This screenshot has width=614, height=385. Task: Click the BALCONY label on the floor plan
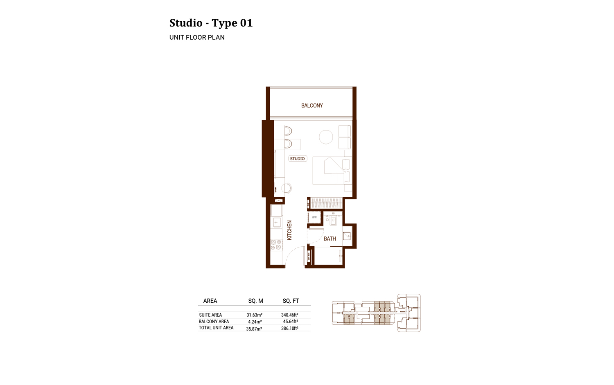coord(312,106)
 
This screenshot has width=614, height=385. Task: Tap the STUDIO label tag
coord(298,159)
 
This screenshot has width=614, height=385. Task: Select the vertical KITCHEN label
coord(289,230)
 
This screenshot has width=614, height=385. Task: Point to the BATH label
coord(330,239)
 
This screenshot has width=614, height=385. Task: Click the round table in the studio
coord(326,137)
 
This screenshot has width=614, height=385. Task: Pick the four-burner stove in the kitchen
coord(276,245)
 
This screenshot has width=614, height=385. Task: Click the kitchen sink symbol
coord(276,223)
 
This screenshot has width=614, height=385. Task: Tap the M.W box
coord(314,217)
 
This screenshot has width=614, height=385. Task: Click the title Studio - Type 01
coord(211,23)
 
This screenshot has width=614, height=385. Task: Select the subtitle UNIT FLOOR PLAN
coord(197,38)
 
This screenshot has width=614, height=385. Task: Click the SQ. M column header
coord(255,301)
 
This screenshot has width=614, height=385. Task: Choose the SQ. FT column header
coord(291,301)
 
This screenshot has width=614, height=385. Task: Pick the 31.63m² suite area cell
coord(254,315)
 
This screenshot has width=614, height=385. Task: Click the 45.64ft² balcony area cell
coord(290,322)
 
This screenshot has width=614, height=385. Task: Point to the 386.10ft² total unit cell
coord(289,328)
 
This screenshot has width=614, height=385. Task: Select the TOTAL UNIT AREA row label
coord(216,328)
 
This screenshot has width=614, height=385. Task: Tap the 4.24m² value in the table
coord(255,322)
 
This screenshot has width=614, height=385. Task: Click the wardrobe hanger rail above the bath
coord(326,203)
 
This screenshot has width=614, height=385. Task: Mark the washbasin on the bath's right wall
coord(347,236)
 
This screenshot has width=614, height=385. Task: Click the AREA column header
coord(210,301)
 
